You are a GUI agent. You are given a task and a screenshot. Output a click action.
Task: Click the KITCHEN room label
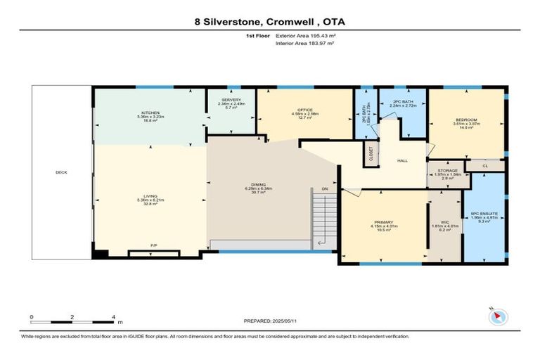click(150, 112)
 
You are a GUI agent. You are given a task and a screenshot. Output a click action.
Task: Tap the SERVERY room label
click(231, 101)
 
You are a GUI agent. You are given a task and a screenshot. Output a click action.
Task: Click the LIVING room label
click(150, 196)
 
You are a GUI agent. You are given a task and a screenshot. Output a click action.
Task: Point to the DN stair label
click(324, 189)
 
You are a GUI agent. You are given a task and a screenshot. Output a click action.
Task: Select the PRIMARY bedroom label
click(383, 221)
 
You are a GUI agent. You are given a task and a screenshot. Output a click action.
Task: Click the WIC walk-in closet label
click(444, 221)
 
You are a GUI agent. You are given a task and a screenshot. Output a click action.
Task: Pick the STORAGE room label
click(448, 171)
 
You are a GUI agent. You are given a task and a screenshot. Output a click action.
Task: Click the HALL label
click(402, 161)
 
